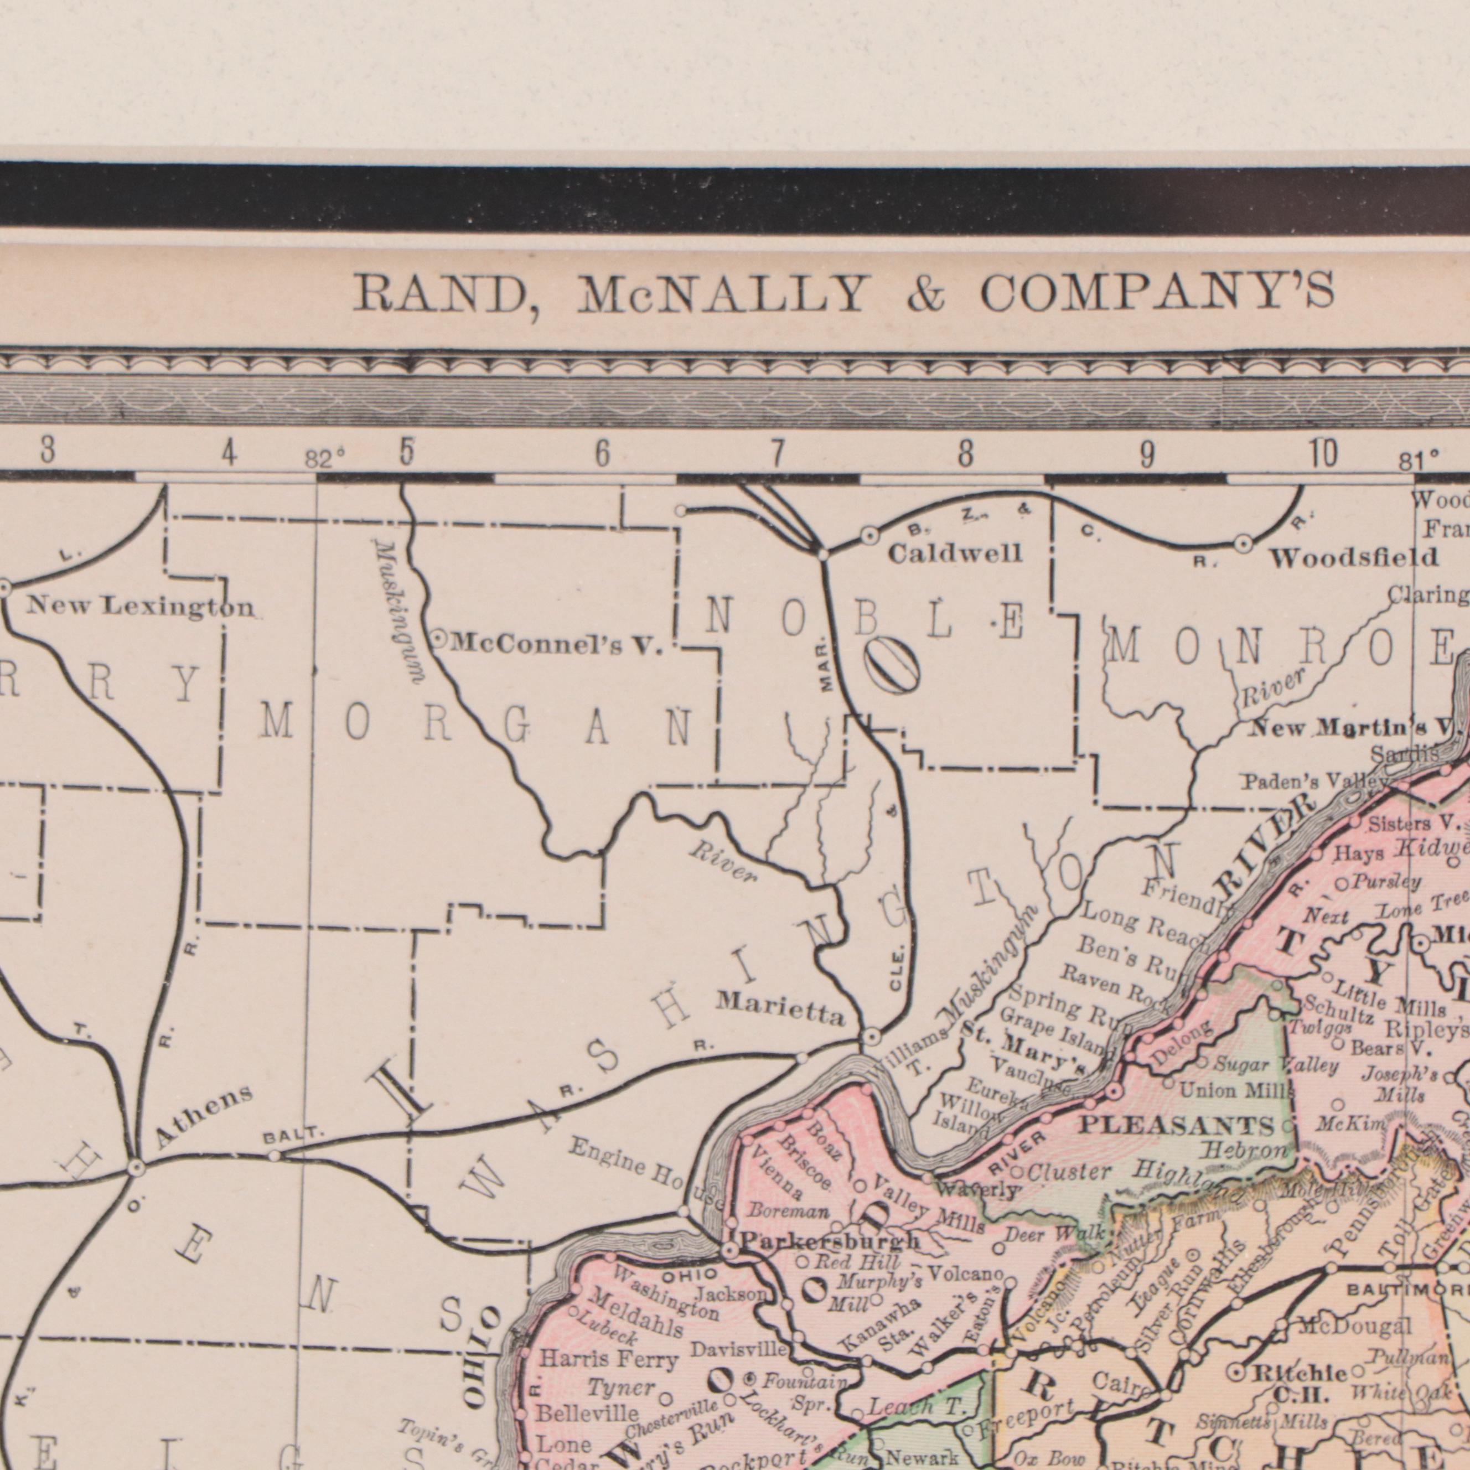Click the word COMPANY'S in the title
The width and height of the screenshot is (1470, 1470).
pyautogui.click(x=1157, y=292)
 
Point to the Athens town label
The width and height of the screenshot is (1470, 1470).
pyautogui.click(x=203, y=1116)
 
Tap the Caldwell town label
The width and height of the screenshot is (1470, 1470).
pyautogui.click(x=955, y=553)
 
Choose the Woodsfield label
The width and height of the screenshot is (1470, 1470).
pyautogui.click(x=1353, y=558)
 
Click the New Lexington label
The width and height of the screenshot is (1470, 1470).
pyautogui.click(x=141, y=607)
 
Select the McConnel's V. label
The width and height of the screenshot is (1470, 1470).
pyautogui.click(x=556, y=645)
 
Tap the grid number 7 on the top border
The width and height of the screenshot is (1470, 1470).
pyautogui.click(x=777, y=455)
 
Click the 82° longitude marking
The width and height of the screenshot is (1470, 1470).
pyautogui.click(x=325, y=459)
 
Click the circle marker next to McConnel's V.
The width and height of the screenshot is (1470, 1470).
pyautogui.click(x=440, y=640)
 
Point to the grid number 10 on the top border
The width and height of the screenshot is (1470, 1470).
pyautogui.click(x=1324, y=454)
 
